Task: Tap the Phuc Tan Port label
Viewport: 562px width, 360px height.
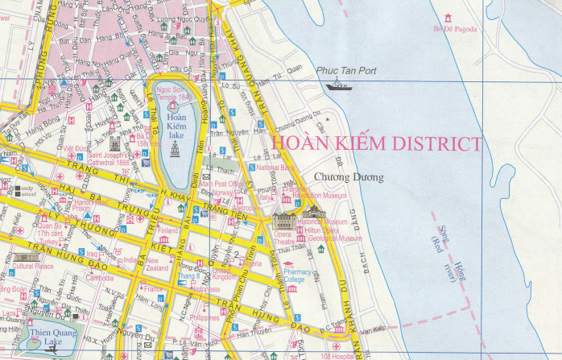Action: pos(347,72)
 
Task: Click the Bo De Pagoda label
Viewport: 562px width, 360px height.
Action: pos(455,30)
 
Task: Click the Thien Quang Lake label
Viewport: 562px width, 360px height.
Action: pos(51,337)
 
